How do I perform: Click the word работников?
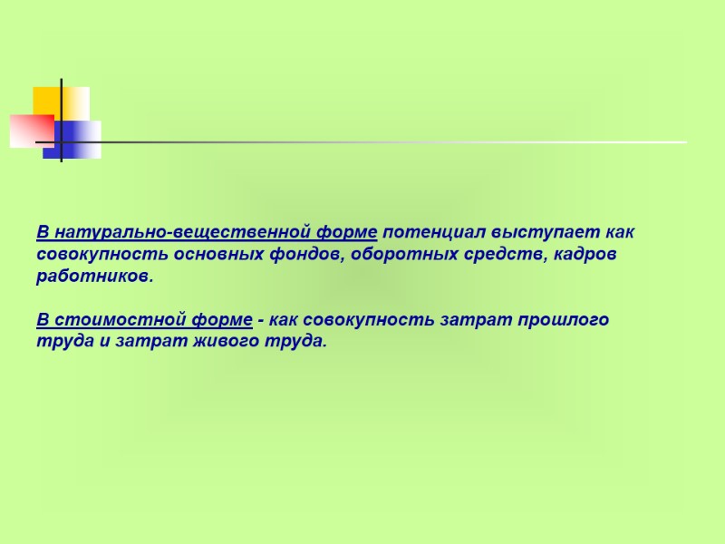click(x=95, y=277)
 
